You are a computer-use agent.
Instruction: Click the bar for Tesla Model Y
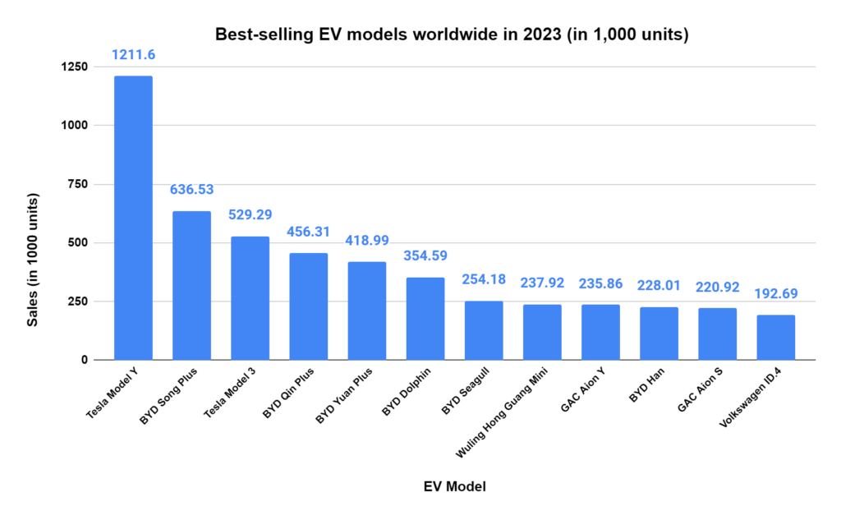point(133,218)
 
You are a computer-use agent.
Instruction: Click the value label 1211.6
point(133,54)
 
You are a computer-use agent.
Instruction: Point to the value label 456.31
point(309,232)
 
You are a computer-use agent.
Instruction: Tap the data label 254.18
point(484,280)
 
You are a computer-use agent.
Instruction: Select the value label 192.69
point(776,293)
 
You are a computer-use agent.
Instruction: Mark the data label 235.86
point(600,283)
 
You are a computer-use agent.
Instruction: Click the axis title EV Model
point(454,487)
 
